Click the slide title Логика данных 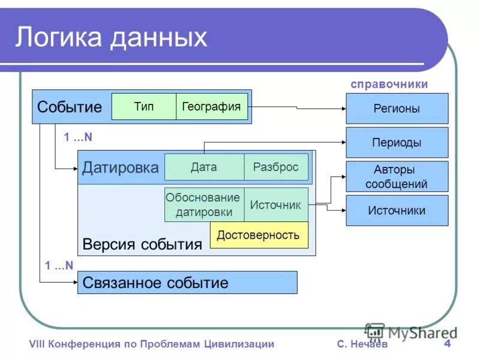[111, 37]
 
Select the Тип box [144, 107]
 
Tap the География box [211, 107]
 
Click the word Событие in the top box [70, 107]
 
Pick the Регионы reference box [397, 109]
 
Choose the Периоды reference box [397, 143]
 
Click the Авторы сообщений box [397, 176]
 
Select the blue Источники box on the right [397, 211]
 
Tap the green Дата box [204, 167]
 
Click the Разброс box [276, 167]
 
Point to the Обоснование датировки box [203, 205]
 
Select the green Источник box [275, 205]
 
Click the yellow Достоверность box [259, 235]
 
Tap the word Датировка [120, 167]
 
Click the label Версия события [142, 244]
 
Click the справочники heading [389, 84]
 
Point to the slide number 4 [447, 344]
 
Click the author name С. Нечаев [362, 344]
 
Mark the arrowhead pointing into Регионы [343, 109]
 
